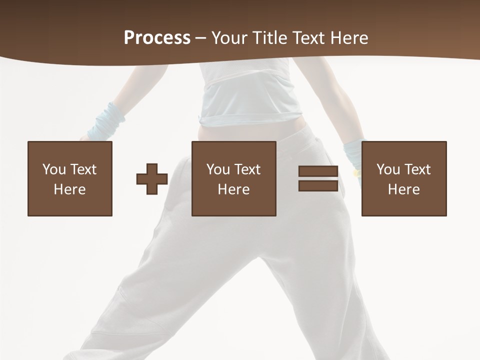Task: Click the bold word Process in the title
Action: [157, 38]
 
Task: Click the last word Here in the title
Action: [349, 38]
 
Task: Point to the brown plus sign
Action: [152, 179]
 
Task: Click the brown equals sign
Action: [318, 179]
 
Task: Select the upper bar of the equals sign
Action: [318, 171]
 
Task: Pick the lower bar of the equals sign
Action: [318, 186]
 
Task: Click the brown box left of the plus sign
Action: [70, 178]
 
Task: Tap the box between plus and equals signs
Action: [233, 178]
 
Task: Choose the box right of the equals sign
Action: [404, 178]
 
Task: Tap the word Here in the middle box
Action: [233, 189]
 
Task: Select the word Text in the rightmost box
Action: [417, 169]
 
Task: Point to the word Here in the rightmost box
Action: [404, 189]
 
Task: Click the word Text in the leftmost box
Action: [83, 169]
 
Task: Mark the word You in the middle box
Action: [218, 169]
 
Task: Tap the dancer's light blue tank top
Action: [250, 95]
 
